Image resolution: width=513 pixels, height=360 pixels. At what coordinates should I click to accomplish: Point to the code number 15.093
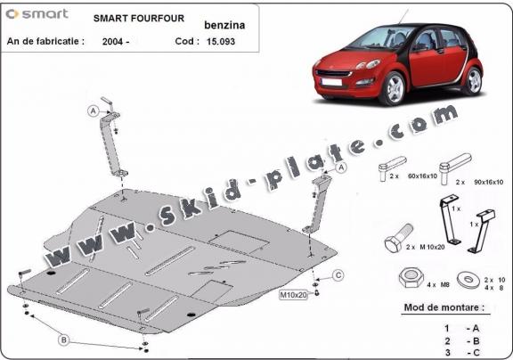pyautogui.click(x=224, y=41)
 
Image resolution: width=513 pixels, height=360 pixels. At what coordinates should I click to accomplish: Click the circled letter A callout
pyautogui.click(x=92, y=110)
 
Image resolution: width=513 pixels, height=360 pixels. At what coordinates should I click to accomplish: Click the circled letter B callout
pyautogui.click(x=63, y=339)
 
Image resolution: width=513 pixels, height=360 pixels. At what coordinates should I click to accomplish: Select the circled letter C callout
pyautogui.click(x=338, y=274)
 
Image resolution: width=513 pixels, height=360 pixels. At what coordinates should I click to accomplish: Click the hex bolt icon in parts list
pyautogui.click(x=397, y=241)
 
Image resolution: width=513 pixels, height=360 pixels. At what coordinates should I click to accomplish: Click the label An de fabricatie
pyautogui.click(x=45, y=41)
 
